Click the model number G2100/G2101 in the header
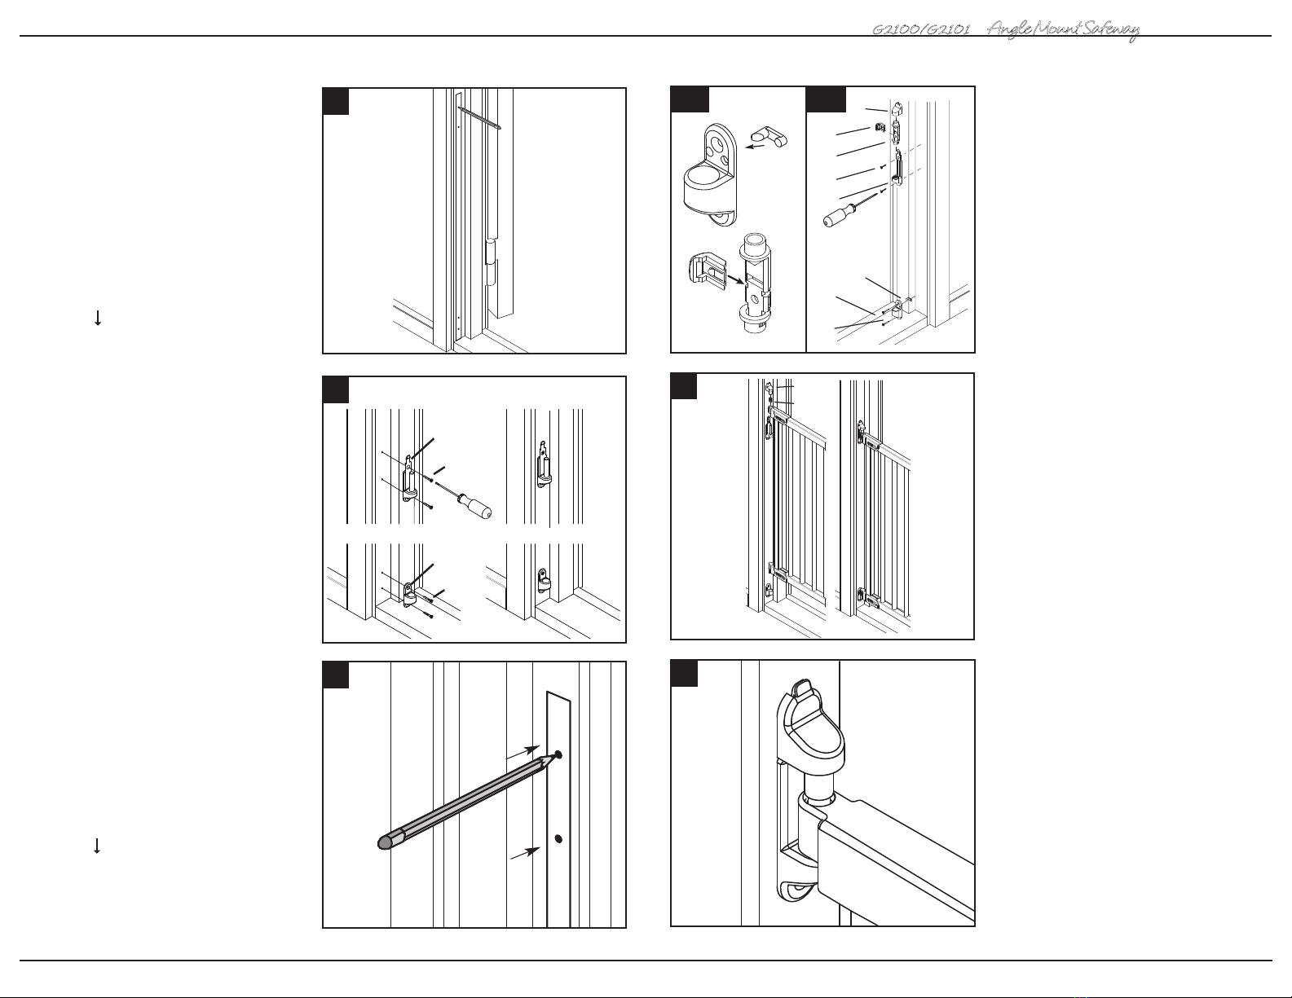pyautogui.click(x=921, y=30)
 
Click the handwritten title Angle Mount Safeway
pyautogui.click(x=1062, y=30)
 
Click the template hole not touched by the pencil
pyautogui.click(x=558, y=838)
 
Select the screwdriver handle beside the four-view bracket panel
pyautogui.click(x=474, y=505)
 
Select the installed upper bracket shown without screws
pyautogui.click(x=541, y=464)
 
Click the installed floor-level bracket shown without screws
pyautogui.click(x=542, y=581)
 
